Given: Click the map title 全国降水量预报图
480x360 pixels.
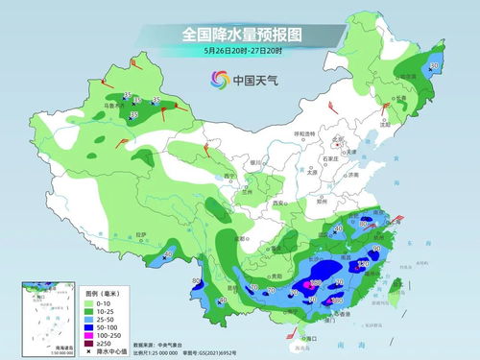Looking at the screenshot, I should coord(239,35).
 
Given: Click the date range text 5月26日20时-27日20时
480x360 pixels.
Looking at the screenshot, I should coord(239,51).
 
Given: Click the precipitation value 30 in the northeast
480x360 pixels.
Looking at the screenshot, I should coord(434,65).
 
